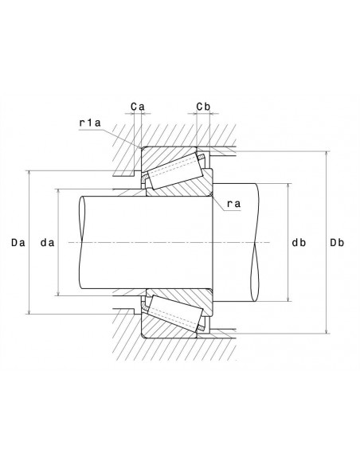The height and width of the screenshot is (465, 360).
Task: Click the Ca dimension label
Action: point(138,107)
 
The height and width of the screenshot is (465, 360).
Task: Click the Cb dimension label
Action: point(203,107)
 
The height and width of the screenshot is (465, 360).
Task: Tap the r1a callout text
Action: point(90,123)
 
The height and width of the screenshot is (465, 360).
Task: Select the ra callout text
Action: point(233,204)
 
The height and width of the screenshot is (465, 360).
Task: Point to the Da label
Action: point(18,243)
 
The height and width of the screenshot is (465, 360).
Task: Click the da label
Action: point(48,243)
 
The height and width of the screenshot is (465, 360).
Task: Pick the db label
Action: point(299,243)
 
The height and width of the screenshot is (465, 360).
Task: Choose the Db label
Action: point(337,243)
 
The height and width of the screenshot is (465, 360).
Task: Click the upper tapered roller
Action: point(175,171)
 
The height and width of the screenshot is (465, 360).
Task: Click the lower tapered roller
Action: point(175,314)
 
